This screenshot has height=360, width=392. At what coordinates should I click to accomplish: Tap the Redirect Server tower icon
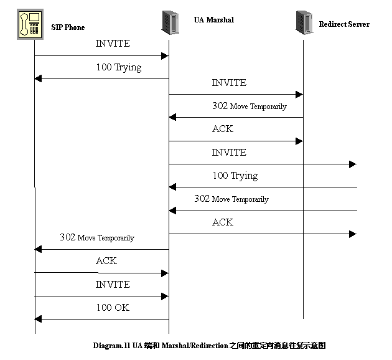click(x=304, y=23)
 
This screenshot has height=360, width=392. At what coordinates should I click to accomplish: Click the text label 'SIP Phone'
click(x=68, y=27)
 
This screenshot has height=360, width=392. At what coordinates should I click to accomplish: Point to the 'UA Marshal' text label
click(x=213, y=20)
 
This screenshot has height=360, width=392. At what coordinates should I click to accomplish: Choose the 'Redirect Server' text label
click(x=344, y=24)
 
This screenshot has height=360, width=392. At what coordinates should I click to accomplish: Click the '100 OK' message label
click(x=113, y=308)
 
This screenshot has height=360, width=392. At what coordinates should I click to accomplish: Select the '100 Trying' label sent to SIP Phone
click(x=119, y=67)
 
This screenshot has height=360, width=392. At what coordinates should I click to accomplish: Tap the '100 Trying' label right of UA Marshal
click(x=235, y=176)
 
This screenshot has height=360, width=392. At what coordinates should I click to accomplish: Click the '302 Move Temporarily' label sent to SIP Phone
click(x=96, y=238)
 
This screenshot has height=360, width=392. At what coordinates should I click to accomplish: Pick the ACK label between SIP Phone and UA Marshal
click(x=106, y=261)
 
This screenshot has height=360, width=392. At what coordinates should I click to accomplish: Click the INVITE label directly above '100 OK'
click(x=113, y=285)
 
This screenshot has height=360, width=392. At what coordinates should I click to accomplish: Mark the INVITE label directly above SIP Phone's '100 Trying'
click(x=113, y=44)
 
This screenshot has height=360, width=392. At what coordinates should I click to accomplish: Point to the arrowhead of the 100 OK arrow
click(x=38, y=319)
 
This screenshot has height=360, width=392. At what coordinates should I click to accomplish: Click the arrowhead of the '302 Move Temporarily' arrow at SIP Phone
click(x=38, y=249)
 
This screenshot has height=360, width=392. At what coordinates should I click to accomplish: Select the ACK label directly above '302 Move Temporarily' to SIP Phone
click(x=223, y=222)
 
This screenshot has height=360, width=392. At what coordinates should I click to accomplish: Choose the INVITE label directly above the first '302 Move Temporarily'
click(x=229, y=83)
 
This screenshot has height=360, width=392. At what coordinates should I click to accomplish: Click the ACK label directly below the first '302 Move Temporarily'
click(x=223, y=129)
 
